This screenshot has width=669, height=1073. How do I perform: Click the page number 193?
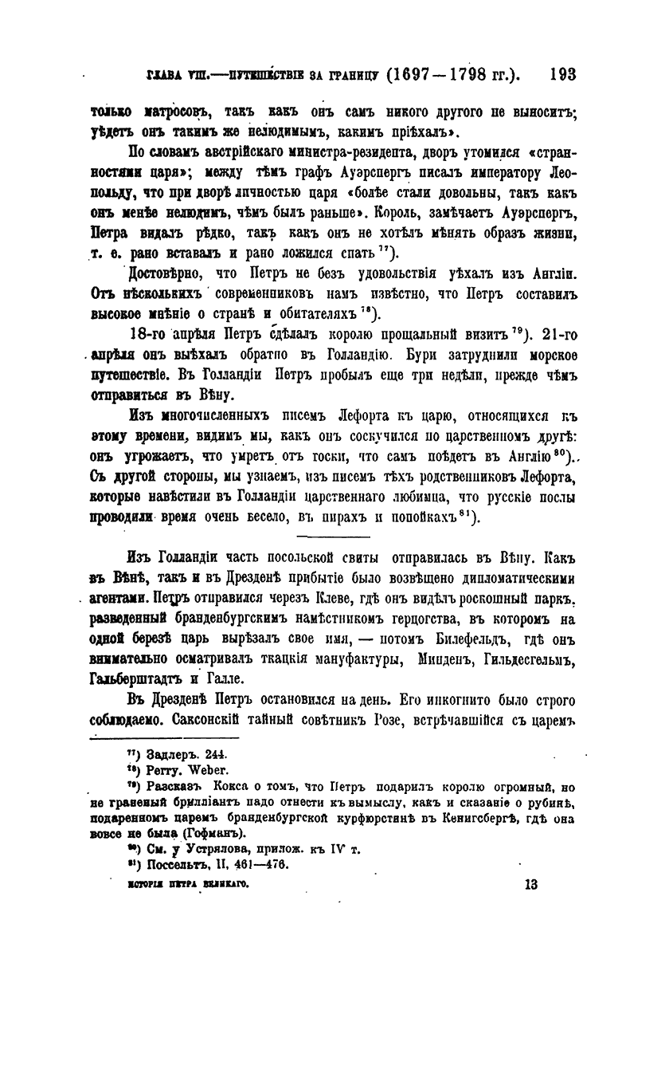[x=562, y=75]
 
